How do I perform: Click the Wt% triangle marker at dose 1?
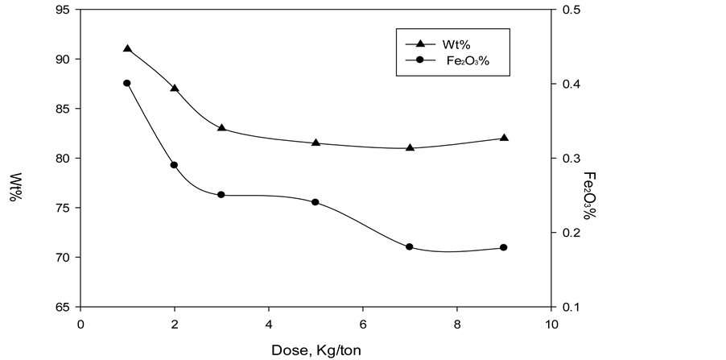tap(127, 48)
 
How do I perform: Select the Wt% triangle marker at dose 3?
tap(221, 128)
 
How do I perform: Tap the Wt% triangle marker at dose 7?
tap(410, 147)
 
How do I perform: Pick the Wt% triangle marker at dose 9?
tap(504, 138)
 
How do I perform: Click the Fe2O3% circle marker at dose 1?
tap(127, 83)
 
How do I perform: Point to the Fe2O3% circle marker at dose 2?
tap(174, 165)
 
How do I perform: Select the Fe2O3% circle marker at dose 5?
tap(316, 202)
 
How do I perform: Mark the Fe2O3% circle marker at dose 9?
tap(504, 247)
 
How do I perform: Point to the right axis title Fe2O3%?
tap(589, 195)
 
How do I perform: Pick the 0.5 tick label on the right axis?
tap(568, 10)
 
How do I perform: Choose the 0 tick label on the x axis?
tap(80, 323)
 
